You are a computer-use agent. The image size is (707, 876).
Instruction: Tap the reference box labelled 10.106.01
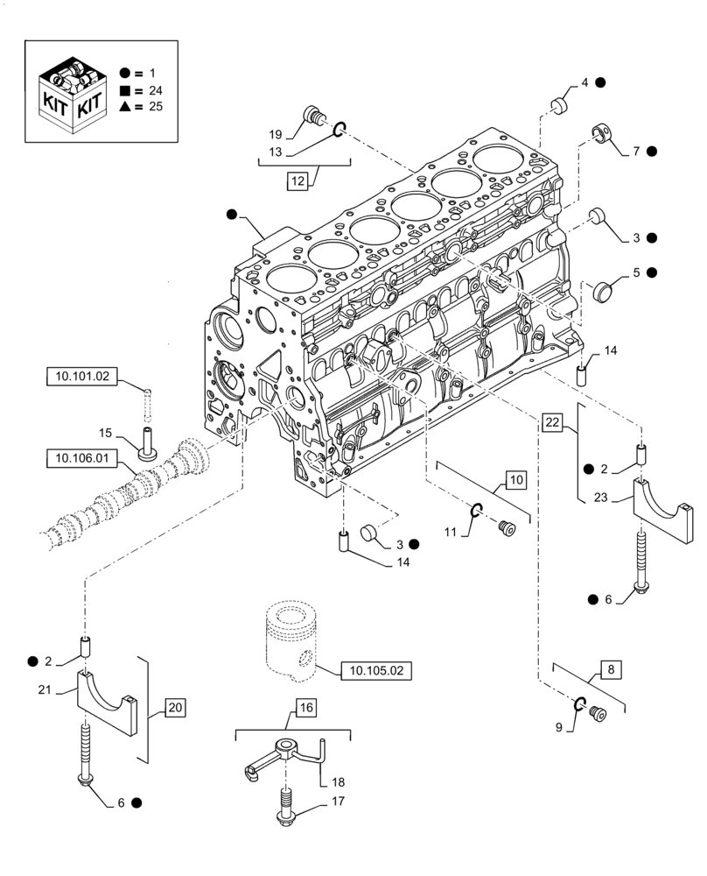click(80, 456)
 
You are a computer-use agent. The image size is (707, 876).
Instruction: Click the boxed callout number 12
click(297, 181)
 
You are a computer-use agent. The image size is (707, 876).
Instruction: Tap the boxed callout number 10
click(515, 479)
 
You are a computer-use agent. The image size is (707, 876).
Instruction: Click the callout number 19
click(275, 134)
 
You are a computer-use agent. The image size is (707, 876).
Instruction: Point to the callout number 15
click(105, 434)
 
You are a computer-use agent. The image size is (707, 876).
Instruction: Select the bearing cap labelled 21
click(109, 700)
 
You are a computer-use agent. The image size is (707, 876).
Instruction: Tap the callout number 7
click(636, 151)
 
